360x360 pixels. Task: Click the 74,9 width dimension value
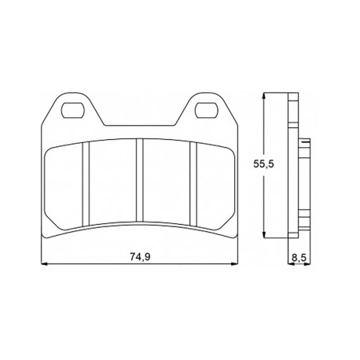pyautogui.click(x=140, y=257)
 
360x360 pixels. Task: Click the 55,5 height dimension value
pyautogui.click(x=263, y=164)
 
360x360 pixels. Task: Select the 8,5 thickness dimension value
pyautogui.click(x=299, y=258)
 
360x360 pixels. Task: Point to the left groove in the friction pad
pyautogui.click(x=86, y=183)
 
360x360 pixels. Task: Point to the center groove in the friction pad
pyautogui.click(x=140, y=181)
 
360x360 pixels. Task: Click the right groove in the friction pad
pyautogui.click(x=193, y=183)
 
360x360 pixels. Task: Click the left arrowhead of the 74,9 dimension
pyautogui.click(x=45, y=264)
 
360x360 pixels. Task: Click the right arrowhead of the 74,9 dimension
pyautogui.click(x=235, y=264)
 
